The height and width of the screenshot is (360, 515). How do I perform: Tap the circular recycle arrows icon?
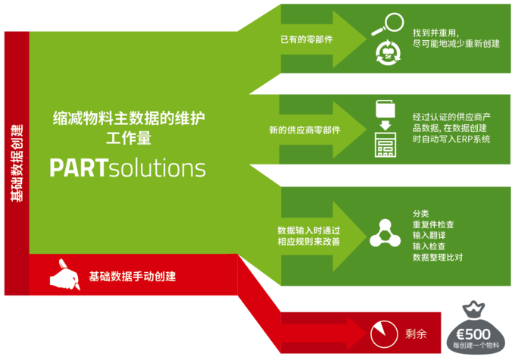pos(389,52)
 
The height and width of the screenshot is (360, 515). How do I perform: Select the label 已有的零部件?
pos(307,39)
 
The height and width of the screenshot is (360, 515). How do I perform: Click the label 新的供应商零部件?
pos(304,130)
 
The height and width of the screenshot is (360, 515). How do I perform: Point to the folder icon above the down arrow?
pos(385,109)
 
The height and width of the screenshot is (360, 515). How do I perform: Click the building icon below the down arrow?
pos(385,145)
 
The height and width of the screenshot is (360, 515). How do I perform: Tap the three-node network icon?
pos(385,233)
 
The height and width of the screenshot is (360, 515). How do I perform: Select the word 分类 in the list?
pos(421,214)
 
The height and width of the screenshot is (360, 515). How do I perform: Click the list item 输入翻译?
pos(429,236)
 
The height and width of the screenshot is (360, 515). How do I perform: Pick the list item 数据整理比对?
pos(438,257)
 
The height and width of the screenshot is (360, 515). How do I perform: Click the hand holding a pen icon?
pos(64,275)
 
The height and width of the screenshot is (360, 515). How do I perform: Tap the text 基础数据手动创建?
pos(133,277)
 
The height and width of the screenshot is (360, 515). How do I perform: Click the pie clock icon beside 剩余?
pos(384,334)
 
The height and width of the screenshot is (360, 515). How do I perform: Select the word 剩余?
pos(416,334)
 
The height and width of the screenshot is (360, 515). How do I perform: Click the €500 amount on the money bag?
pos(473,334)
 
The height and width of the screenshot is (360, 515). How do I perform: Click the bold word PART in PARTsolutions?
pos(79,168)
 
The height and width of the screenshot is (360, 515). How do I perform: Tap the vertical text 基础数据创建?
pos(17,163)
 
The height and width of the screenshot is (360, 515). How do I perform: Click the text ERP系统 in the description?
pos(473,139)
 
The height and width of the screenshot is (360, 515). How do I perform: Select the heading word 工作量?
pos(129,138)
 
